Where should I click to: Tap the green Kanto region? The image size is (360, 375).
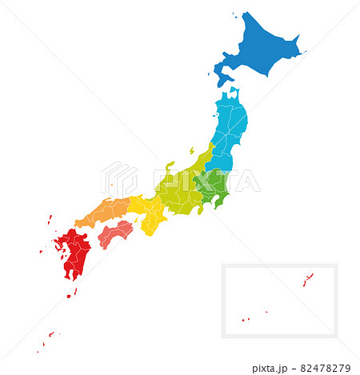point(214,186)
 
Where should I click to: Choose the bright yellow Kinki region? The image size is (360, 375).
point(150,213)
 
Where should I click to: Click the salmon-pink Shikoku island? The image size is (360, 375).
point(115,233)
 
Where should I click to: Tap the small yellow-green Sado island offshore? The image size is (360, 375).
point(191,150)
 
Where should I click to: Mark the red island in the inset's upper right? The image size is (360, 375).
point(306,280)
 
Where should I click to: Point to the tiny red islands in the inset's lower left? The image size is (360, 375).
point(246,320)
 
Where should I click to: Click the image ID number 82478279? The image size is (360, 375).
point(325,369)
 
